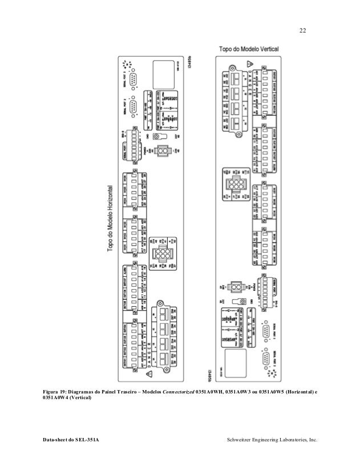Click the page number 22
[x=302, y=30]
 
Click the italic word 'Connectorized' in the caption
[x=179, y=392]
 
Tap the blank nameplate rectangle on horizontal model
[x=163, y=74]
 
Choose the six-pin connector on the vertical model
[x=234, y=186]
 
